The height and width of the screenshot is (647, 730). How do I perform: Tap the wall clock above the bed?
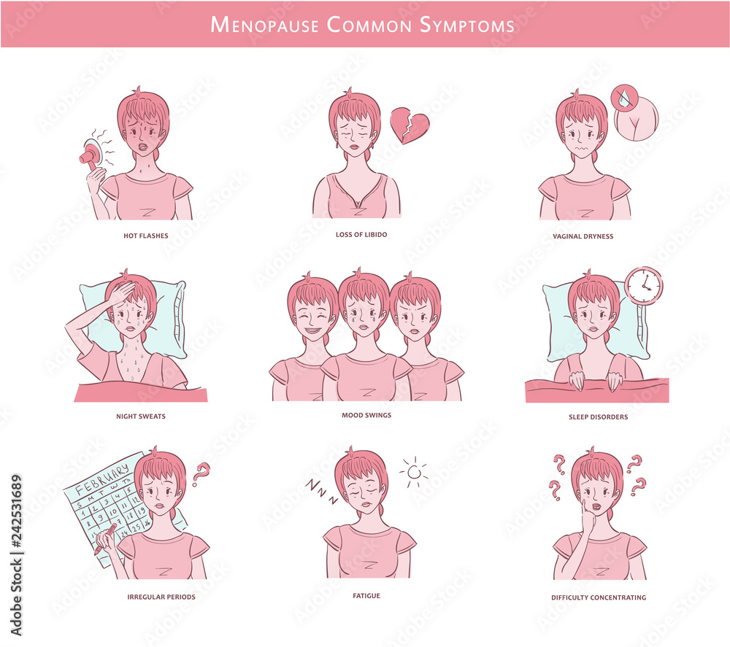tap(644, 285)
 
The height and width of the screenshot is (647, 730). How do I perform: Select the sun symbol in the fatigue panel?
tap(415, 473)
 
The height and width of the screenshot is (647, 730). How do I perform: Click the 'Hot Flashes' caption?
tap(146, 236)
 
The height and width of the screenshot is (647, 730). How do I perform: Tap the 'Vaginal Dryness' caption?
tap(583, 236)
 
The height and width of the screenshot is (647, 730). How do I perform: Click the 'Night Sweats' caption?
tap(141, 417)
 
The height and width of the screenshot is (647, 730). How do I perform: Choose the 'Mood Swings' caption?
tap(366, 415)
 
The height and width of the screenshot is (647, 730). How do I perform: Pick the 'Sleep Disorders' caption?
tap(598, 417)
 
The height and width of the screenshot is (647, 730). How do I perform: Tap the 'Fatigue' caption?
tap(366, 596)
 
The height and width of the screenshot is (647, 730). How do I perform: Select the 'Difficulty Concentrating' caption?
tap(599, 597)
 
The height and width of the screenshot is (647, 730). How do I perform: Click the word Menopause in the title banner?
tap(265, 24)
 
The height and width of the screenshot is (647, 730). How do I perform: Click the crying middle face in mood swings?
tap(364, 314)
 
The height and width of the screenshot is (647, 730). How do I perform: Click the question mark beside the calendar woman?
tap(200, 473)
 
